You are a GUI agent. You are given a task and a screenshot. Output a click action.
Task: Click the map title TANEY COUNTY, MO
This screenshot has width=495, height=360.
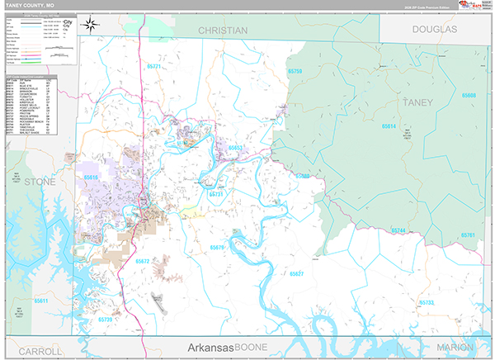30,5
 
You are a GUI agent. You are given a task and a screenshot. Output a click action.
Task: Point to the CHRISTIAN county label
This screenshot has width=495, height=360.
223,31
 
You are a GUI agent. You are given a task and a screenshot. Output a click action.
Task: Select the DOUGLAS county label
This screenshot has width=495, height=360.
434,29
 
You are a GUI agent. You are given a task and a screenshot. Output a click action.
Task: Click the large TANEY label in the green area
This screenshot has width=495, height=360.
417,102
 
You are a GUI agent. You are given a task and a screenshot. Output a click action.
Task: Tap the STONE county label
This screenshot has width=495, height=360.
39,181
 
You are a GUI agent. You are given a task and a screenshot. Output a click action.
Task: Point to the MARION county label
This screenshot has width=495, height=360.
455,348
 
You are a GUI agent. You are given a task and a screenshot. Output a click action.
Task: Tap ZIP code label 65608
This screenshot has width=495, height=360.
469,96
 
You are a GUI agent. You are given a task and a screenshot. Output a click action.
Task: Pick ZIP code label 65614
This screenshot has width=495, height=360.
389,126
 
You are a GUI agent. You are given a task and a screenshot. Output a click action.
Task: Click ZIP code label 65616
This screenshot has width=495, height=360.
91,177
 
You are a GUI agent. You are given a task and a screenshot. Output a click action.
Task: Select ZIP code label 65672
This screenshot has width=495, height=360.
142,261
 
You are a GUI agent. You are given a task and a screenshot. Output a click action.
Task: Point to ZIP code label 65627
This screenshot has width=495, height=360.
296,273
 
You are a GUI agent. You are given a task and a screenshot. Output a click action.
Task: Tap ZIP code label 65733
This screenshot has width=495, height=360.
427,303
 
